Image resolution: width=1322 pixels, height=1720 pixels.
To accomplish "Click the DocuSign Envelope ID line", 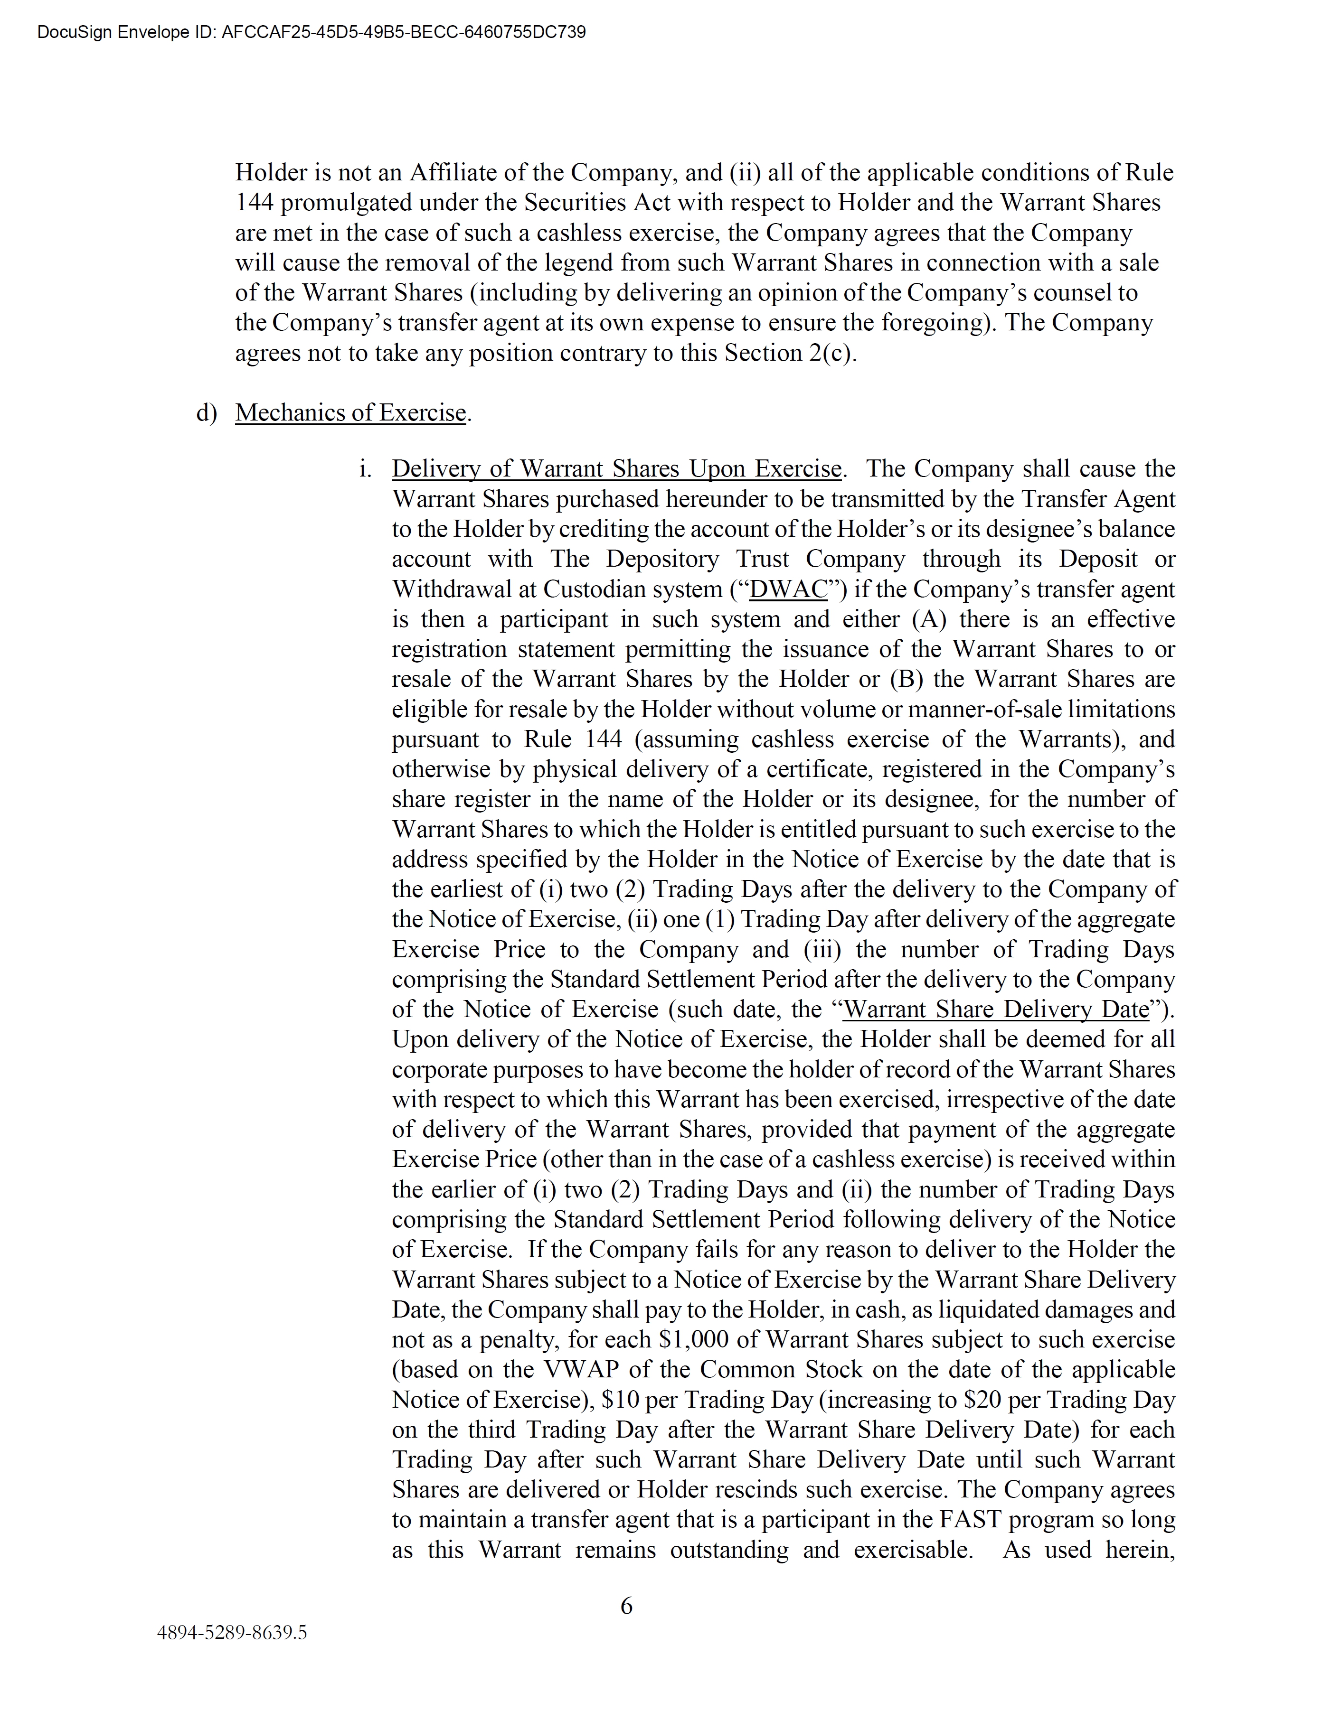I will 312,32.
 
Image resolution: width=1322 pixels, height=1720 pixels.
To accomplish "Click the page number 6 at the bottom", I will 626,1605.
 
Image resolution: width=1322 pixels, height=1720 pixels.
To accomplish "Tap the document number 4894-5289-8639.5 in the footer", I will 232,1632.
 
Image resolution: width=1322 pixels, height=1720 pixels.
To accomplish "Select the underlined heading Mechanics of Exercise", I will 351,413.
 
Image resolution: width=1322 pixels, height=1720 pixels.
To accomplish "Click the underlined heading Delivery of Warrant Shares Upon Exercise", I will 617,469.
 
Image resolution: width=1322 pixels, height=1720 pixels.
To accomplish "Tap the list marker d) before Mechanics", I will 206,413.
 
